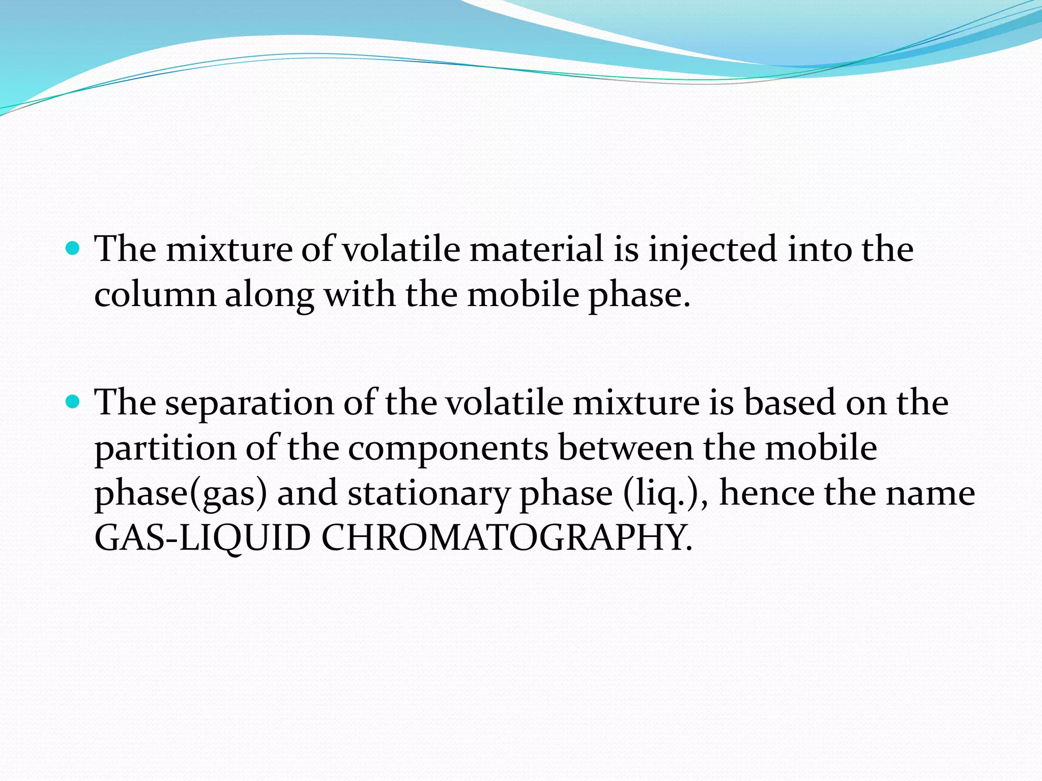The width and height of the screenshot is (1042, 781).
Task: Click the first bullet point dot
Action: (x=73, y=249)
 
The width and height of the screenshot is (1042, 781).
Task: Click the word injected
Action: (x=712, y=250)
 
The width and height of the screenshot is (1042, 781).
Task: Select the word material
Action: (x=536, y=250)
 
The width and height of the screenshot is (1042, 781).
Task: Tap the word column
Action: (x=155, y=295)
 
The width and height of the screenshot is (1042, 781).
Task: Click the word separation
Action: (x=249, y=403)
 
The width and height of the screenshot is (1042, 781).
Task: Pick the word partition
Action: (x=166, y=449)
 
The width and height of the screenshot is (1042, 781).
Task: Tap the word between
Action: (x=625, y=448)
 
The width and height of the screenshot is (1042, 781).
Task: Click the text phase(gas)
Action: (x=181, y=494)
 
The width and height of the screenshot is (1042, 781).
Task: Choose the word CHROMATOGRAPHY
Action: (x=506, y=538)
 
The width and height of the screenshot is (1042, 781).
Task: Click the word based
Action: (x=790, y=403)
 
